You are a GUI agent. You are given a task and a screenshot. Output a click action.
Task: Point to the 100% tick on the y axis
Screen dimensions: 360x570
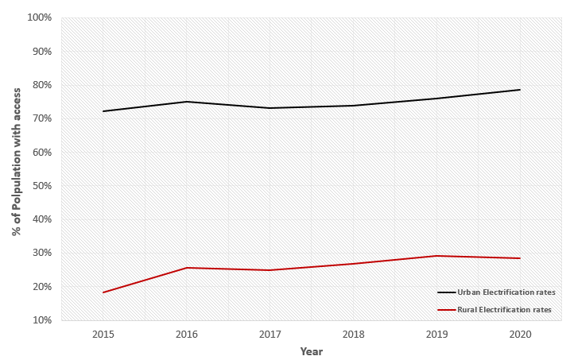coord(40,17)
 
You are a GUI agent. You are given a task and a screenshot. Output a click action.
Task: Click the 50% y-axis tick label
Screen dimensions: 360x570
coord(42,186)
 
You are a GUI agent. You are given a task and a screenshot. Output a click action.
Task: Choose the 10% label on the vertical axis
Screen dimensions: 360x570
coord(42,320)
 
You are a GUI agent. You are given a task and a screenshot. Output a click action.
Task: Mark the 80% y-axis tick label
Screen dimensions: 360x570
coord(42,85)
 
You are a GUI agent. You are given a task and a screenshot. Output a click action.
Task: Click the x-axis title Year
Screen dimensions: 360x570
coord(311,351)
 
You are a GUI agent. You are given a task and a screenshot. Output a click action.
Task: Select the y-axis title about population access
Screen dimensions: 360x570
coord(17,168)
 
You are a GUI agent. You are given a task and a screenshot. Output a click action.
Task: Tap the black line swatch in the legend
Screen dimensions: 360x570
coord(446,292)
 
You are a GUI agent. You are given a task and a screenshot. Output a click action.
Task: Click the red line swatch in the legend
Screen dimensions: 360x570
coord(446,309)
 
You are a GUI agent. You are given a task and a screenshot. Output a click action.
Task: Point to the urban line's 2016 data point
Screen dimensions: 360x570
coord(186,102)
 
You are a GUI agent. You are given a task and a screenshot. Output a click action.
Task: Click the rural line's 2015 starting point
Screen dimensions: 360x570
coord(103,292)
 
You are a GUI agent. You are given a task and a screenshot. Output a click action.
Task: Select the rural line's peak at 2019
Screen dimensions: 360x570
coord(436,256)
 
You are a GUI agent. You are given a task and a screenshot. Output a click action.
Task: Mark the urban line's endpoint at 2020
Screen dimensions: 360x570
coord(520,90)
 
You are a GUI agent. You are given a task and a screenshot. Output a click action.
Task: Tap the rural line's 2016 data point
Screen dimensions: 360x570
coord(186,268)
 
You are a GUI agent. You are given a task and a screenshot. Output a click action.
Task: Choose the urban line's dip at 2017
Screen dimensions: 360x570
coord(269,108)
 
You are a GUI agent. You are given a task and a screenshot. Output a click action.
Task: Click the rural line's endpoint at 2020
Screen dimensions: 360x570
coord(520,258)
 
